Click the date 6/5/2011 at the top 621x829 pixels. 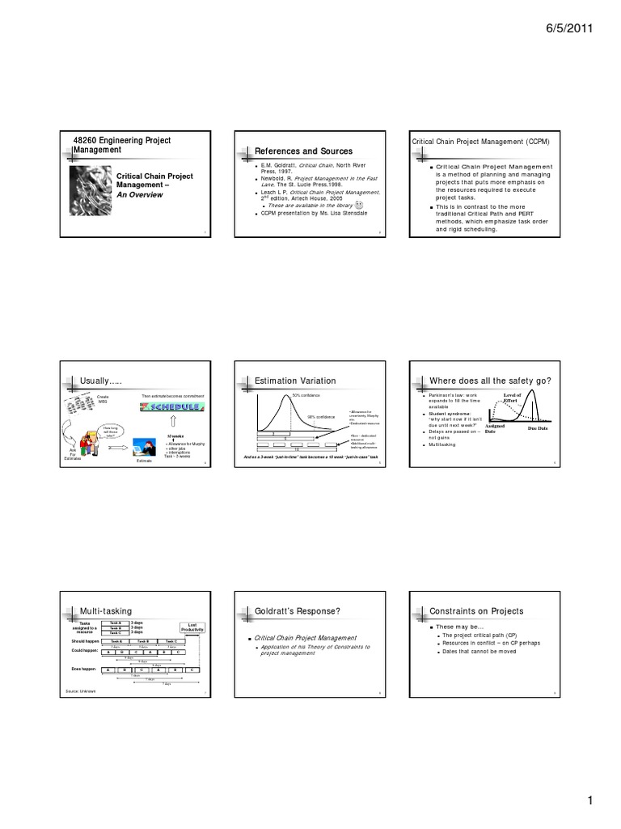point(571,28)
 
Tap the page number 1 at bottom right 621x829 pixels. point(591,801)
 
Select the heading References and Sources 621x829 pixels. point(303,151)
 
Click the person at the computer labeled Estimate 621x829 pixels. point(146,446)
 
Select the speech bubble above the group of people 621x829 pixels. point(110,430)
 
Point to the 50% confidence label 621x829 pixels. point(296,395)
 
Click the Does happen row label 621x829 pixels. point(84,670)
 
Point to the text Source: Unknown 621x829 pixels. point(81,691)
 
